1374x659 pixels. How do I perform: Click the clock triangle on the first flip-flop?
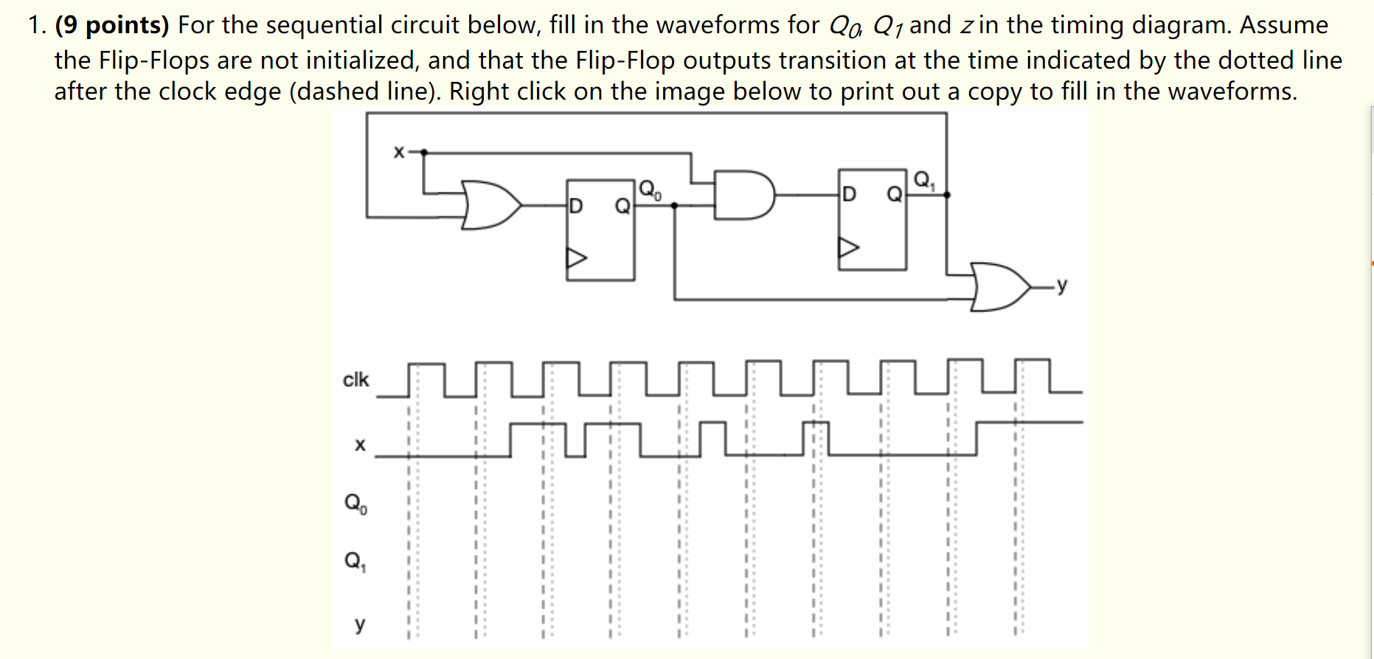click(576, 258)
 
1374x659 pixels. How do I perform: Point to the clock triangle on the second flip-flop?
click(848, 247)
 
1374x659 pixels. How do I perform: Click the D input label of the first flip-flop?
click(576, 206)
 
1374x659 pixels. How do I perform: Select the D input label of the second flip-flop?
click(849, 194)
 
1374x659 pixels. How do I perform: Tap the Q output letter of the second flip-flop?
click(894, 194)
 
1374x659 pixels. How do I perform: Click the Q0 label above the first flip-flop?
click(650, 190)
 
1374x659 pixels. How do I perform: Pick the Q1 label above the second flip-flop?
click(923, 179)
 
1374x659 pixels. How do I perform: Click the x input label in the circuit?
click(398, 152)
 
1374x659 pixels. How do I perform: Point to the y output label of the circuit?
click(1061, 285)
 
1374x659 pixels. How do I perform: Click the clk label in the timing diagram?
click(355, 379)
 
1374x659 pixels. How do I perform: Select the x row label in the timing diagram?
click(360, 444)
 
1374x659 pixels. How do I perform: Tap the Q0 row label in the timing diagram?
click(355, 504)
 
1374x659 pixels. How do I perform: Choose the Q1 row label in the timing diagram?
click(355, 562)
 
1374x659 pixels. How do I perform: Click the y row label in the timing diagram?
click(359, 624)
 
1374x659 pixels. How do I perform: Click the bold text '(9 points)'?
click(112, 25)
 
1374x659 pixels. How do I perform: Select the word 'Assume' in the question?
click(1283, 25)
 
